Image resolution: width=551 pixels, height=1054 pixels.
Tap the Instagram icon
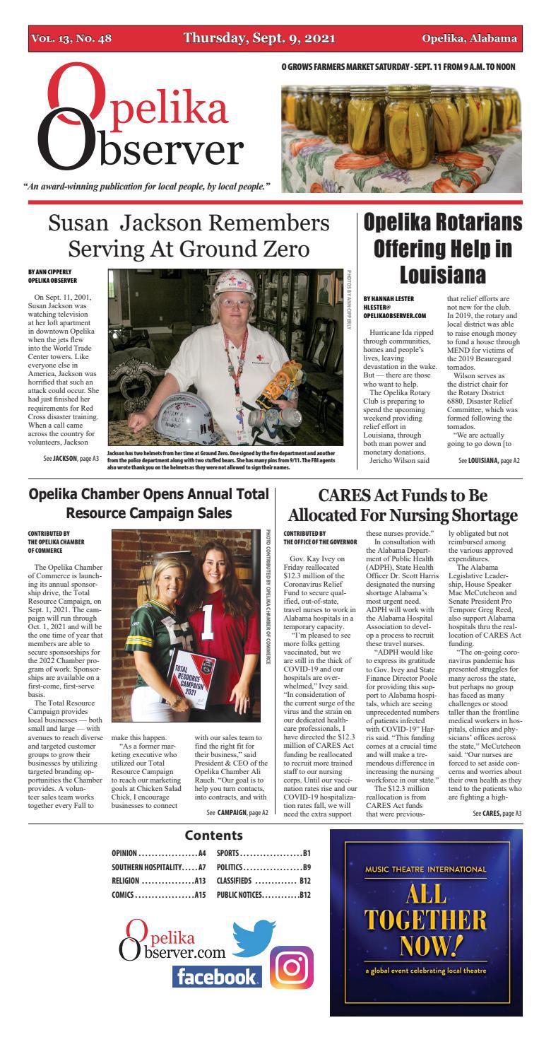pyautogui.click(x=292, y=967)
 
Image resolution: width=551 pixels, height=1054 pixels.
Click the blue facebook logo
pyautogui.click(x=216, y=977)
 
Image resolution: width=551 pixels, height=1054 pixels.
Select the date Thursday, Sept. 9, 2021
pyautogui.click(x=259, y=38)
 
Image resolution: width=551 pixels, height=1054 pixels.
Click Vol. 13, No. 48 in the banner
pyautogui.click(x=71, y=38)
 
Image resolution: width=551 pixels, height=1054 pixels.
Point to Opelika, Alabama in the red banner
pyautogui.click(x=469, y=38)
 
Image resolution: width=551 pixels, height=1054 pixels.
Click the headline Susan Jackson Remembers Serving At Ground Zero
pyautogui.click(x=189, y=236)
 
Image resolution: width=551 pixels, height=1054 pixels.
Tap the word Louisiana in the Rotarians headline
pyautogui.click(x=442, y=274)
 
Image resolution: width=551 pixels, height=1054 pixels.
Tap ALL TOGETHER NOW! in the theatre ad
pyautogui.click(x=425, y=920)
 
